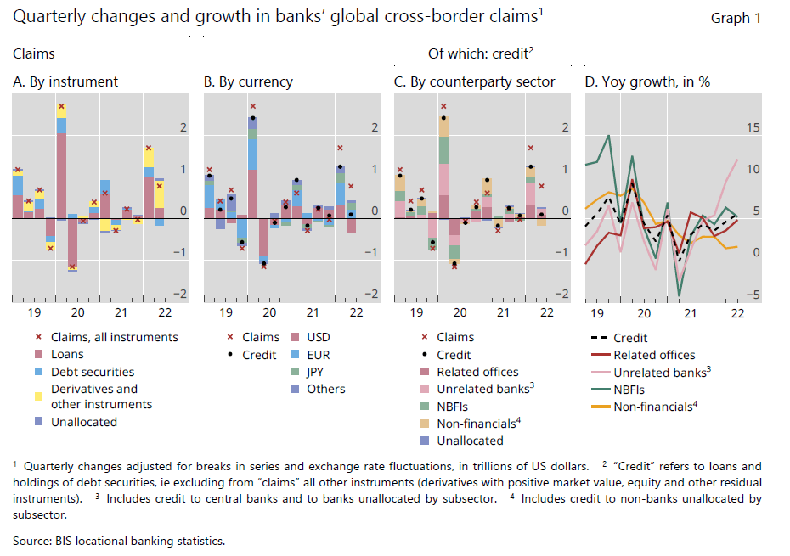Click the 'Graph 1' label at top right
[736, 18]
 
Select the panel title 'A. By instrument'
[65, 81]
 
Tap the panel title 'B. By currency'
[248, 81]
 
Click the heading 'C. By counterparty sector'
[475, 81]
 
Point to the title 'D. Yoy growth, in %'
[647, 81]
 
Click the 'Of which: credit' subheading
[480, 53]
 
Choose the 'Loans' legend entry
[68, 354]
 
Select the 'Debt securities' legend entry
[92, 371]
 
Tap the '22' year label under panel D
[736, 312]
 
